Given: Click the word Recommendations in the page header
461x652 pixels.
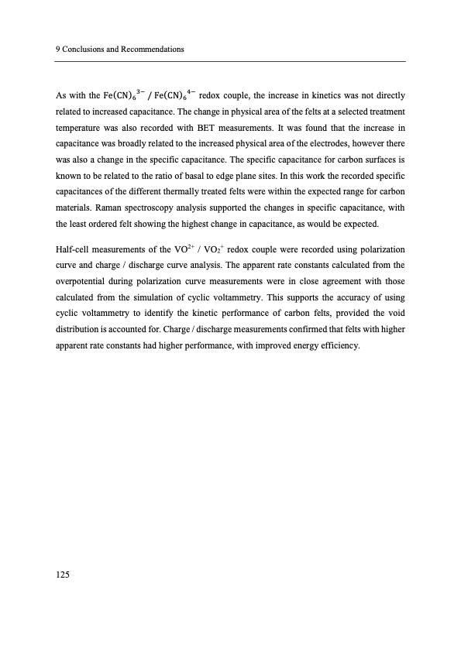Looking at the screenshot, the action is click(152, 50).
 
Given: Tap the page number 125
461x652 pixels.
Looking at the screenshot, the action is click(64, 574).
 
